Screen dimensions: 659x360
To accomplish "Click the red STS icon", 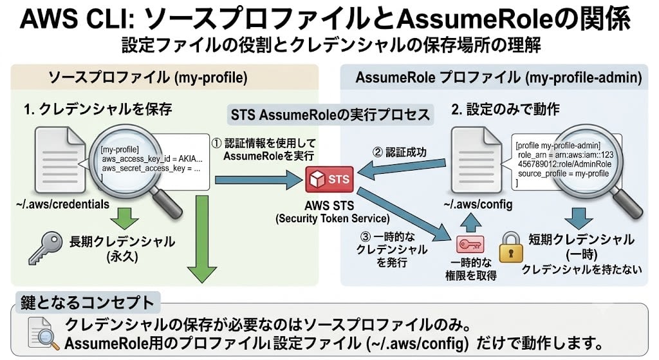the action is [x=329, y=179].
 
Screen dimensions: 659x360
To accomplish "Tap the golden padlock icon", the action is [x=511, y=248].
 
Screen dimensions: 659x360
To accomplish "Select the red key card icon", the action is [x=470, y=244].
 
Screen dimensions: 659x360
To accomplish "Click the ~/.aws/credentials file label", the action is [x=62, y=204].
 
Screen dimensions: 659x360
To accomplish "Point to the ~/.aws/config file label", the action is [x=478, y=205].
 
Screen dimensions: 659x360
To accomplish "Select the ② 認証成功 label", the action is [x=399, y=152].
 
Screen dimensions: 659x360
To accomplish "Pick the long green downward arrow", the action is [x=202, y=238].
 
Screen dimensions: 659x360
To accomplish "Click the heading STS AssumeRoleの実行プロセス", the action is [x=330, y=115].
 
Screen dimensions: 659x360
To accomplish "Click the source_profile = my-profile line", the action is [x=563, y=174].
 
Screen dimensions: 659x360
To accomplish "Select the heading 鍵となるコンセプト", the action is [x=88, y=303].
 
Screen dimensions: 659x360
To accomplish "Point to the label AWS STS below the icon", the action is [x=329, y=205].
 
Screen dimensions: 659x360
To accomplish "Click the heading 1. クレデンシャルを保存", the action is [x=98, y=109].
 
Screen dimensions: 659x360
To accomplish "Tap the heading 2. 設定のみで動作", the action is [x=506, y=109].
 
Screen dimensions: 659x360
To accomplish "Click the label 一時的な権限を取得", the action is [x=470, y=269].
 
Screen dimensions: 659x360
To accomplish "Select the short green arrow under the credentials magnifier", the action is [x=125, y=219].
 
